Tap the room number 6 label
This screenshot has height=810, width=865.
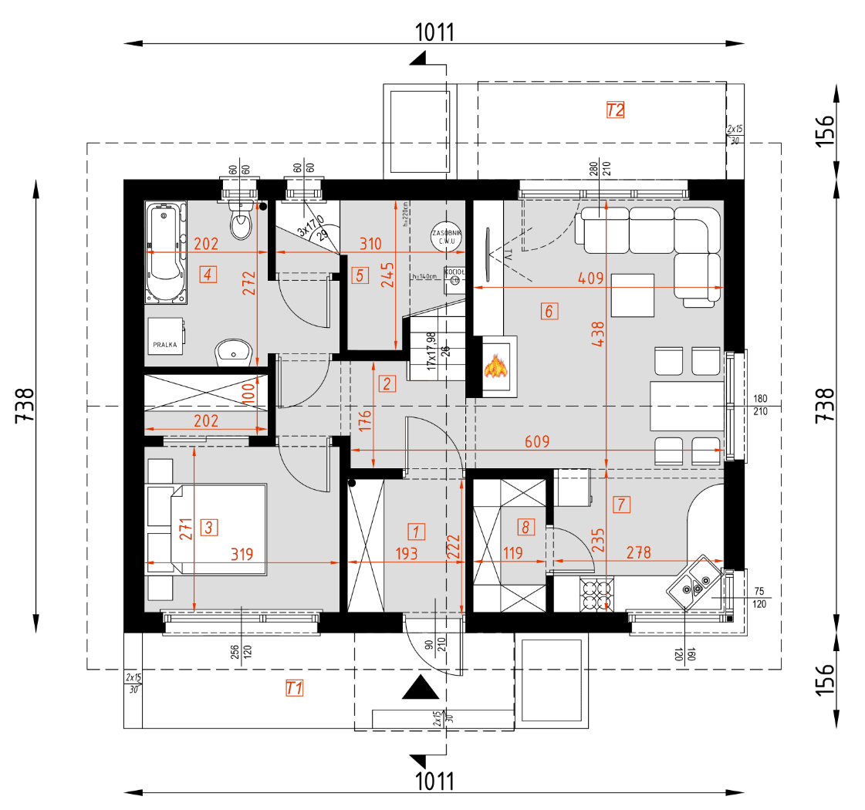(549, 312)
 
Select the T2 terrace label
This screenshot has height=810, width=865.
(614, 110)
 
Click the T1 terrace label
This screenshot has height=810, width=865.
(293, 688)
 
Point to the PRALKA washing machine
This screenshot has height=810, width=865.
(165, 336)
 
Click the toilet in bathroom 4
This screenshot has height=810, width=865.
(242, 224)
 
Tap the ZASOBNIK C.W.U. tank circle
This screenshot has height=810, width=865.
(447, 237)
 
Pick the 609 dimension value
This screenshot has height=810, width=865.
(537, 442)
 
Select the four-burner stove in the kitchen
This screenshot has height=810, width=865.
(596, 594)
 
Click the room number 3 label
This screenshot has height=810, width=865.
(209, 528)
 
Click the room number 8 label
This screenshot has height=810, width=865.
(525, 528)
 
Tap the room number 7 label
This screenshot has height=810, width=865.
(622, 505)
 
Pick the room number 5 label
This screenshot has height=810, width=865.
(360, 275)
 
